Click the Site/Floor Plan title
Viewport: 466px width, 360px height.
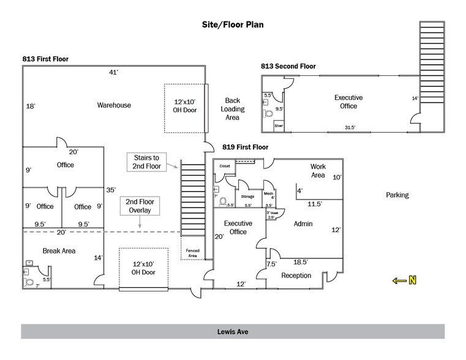[233, 26]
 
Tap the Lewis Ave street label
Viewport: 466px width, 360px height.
[233, 332]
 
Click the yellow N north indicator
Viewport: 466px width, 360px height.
[405, 280]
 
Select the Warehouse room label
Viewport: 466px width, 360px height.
[114, 105]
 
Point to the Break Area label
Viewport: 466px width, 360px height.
[59, 251]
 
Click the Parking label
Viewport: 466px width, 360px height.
[397, 195]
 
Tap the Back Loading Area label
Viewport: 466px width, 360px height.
[232, 109]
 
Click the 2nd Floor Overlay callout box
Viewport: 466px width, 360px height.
[140, 206]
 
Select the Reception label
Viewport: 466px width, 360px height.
[296, 276]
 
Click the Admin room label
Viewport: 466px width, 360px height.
[303, 224]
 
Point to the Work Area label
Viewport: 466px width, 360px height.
[317, 171]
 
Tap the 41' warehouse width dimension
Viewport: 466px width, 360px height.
[113, 73]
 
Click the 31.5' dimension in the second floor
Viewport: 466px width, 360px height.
[350, 128]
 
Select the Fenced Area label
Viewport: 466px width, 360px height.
[193, 252]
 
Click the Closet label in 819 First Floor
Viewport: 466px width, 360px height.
[225, 166]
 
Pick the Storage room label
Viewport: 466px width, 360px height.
[247, 197]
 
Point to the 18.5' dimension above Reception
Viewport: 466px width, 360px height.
[300, 261]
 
